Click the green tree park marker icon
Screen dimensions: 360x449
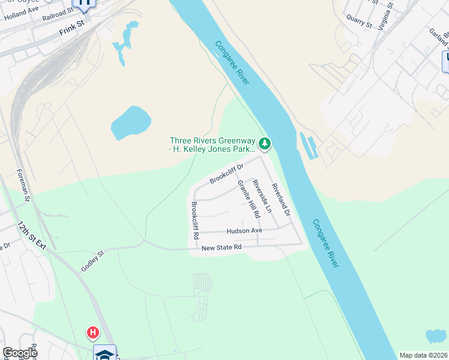tap(265, 143)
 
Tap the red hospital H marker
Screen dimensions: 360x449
tap(92, 332)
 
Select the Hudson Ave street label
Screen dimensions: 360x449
tap(244, 231)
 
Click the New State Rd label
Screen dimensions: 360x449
tap(221, 247)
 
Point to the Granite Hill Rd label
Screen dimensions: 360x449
tap(249, 199)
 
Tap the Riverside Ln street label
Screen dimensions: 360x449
tap(262, 197)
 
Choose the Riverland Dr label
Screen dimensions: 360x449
tap(281, 200)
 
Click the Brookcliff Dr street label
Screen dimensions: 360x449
tap(226, 174)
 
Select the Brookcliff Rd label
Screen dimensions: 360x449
tap(195, 221)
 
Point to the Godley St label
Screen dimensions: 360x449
tap(93, 261)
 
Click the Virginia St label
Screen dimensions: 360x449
tap(390, 12)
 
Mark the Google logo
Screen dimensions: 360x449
tap(20, 353)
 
